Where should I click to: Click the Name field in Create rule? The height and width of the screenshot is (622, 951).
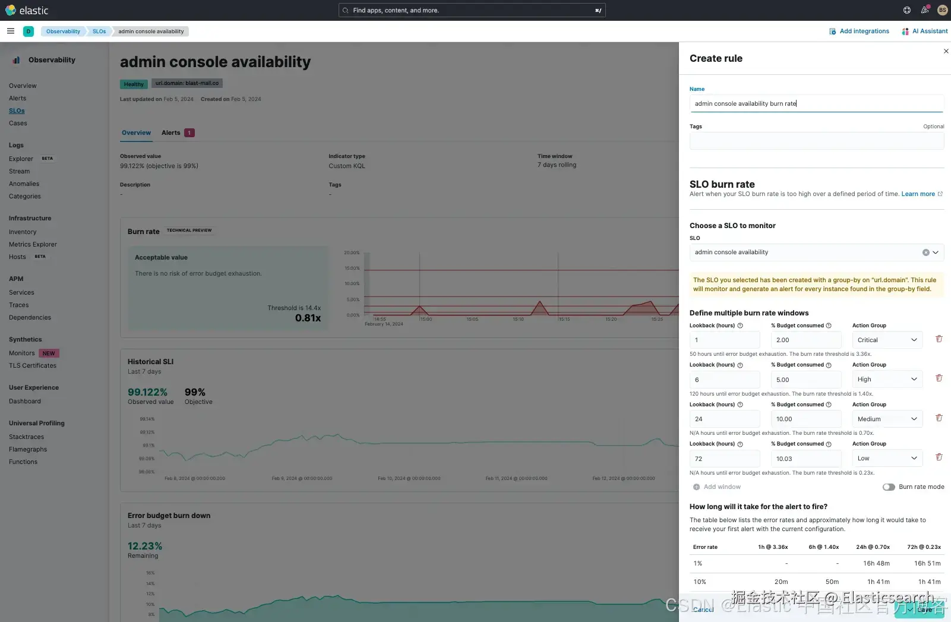pos(816,103)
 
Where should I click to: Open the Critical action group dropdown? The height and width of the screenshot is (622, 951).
pos(887,340)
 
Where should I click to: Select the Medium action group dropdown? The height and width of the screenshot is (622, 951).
pos(887,419)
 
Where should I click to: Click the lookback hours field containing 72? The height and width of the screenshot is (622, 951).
pos(724,459)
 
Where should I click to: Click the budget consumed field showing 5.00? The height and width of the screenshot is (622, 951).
pos(805,380)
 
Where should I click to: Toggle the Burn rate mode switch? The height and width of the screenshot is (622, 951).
pos(889,487)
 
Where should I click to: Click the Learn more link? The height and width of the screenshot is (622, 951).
pos(918,194)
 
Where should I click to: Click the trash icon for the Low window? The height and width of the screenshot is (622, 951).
pos(939,457)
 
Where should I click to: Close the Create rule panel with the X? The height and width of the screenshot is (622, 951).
pos(946,51)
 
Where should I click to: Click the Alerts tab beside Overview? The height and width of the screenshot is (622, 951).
pos(171,133)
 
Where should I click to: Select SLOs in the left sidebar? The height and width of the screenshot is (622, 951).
pos(17,111)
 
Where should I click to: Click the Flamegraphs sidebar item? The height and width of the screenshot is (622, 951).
pos(28,450)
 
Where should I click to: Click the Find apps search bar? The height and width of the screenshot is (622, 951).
pos(472,10)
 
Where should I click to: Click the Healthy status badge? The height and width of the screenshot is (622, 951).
pos(134,84)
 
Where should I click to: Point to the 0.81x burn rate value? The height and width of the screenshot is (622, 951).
pos(308,318)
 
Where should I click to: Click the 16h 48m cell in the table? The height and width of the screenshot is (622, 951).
pos(876,564)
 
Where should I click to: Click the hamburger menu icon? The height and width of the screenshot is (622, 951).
pos(11,31)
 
